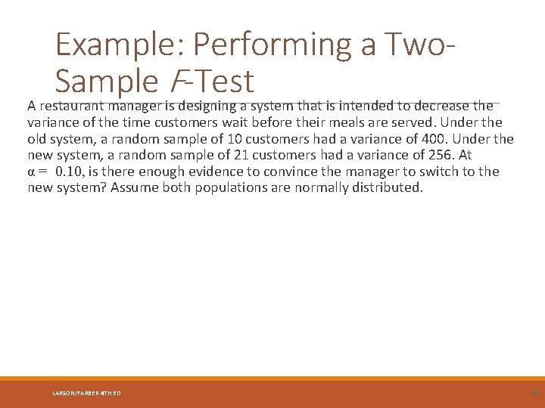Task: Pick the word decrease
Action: pos(441,106)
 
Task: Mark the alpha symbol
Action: pos(31,172)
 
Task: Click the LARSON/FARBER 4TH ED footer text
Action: pos(87,393)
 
